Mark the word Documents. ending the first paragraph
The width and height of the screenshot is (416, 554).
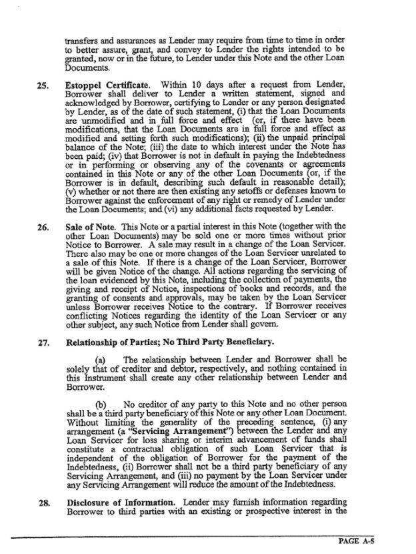pyautogui.click(x=87, y=67)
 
